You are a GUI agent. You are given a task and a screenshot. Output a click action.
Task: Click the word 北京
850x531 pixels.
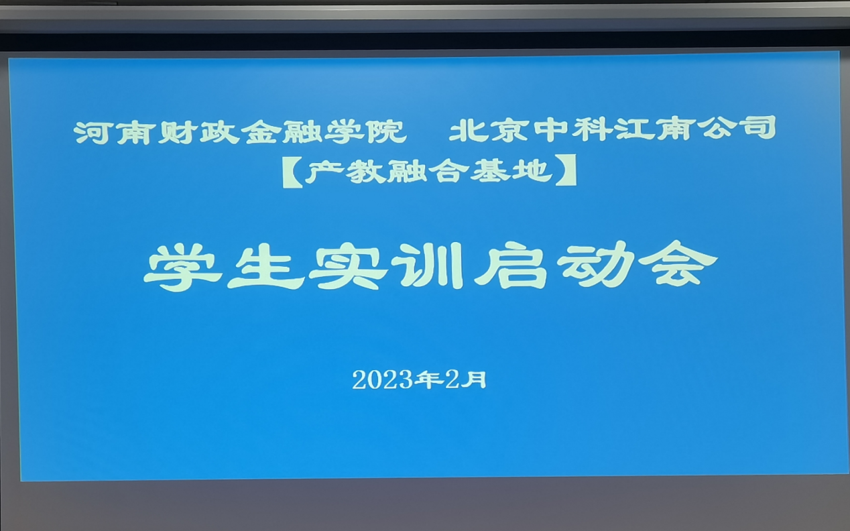pyautogui.click(x=489, y=130)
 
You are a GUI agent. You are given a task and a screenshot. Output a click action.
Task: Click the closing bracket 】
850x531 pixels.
pyautogui.click(x=566, y=170)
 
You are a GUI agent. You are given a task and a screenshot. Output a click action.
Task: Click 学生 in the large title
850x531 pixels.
pyautogui.click(x=224, y=268)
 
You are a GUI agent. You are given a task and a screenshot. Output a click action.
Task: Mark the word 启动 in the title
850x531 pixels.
pyautogui.click(x=554, y=264)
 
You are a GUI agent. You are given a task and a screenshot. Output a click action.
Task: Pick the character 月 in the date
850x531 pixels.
pyautogui.click(x=475, y=379)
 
